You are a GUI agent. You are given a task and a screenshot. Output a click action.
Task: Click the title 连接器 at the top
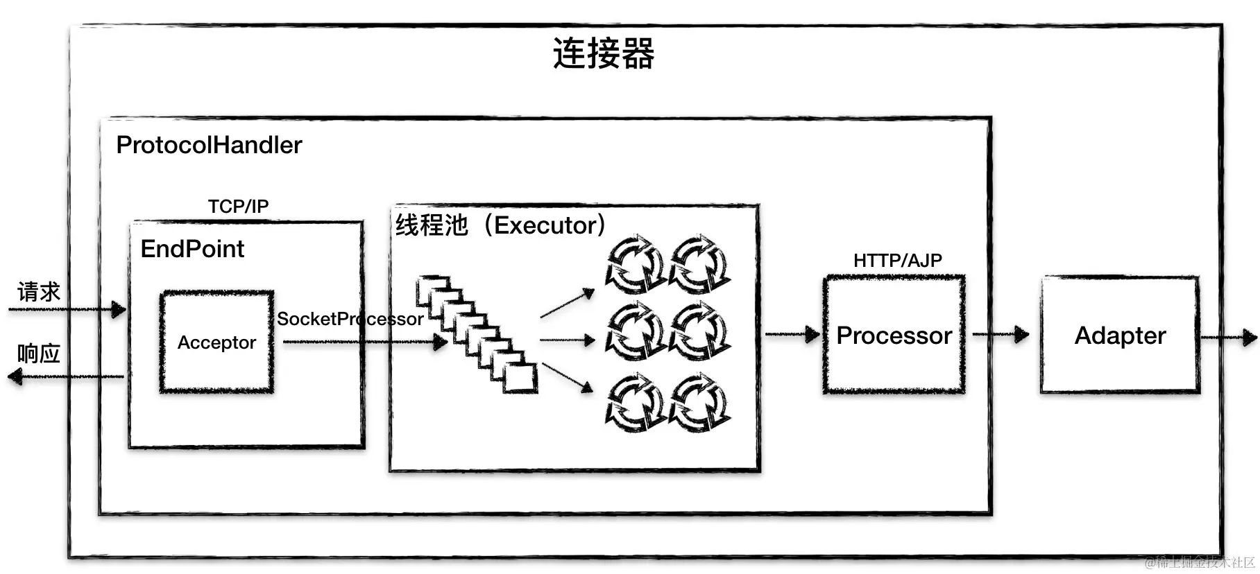coord(603,53)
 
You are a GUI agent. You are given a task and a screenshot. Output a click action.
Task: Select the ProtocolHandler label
coord(209,145)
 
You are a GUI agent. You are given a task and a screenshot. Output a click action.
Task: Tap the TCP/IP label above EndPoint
coord(238,207)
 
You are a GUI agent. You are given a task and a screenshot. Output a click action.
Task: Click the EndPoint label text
coord(192,249)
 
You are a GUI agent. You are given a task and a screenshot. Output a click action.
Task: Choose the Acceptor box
coord(216,342)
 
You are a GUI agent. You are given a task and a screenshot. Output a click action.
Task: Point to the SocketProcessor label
coord(350,319)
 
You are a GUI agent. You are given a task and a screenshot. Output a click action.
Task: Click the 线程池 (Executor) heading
coord(500,225)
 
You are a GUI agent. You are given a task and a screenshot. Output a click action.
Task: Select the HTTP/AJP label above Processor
coord(897,261)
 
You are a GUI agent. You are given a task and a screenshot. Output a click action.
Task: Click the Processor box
coord(894,336)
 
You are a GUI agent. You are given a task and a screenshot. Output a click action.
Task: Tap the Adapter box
coord(1120,336)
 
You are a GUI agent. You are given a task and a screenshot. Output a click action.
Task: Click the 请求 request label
coord(39,292)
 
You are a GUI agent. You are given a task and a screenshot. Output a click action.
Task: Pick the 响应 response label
coord(39,354)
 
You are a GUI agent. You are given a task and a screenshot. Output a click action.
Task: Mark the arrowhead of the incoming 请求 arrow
coord(119,309)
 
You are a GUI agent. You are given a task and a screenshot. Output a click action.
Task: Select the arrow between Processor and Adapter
coord(1001,335)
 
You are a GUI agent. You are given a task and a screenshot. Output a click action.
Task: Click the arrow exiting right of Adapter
coord(1228,338)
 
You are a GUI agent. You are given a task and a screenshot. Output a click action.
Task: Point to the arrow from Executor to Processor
coord(792,335)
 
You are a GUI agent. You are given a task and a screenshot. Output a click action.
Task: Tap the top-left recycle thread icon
coord(635,264)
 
